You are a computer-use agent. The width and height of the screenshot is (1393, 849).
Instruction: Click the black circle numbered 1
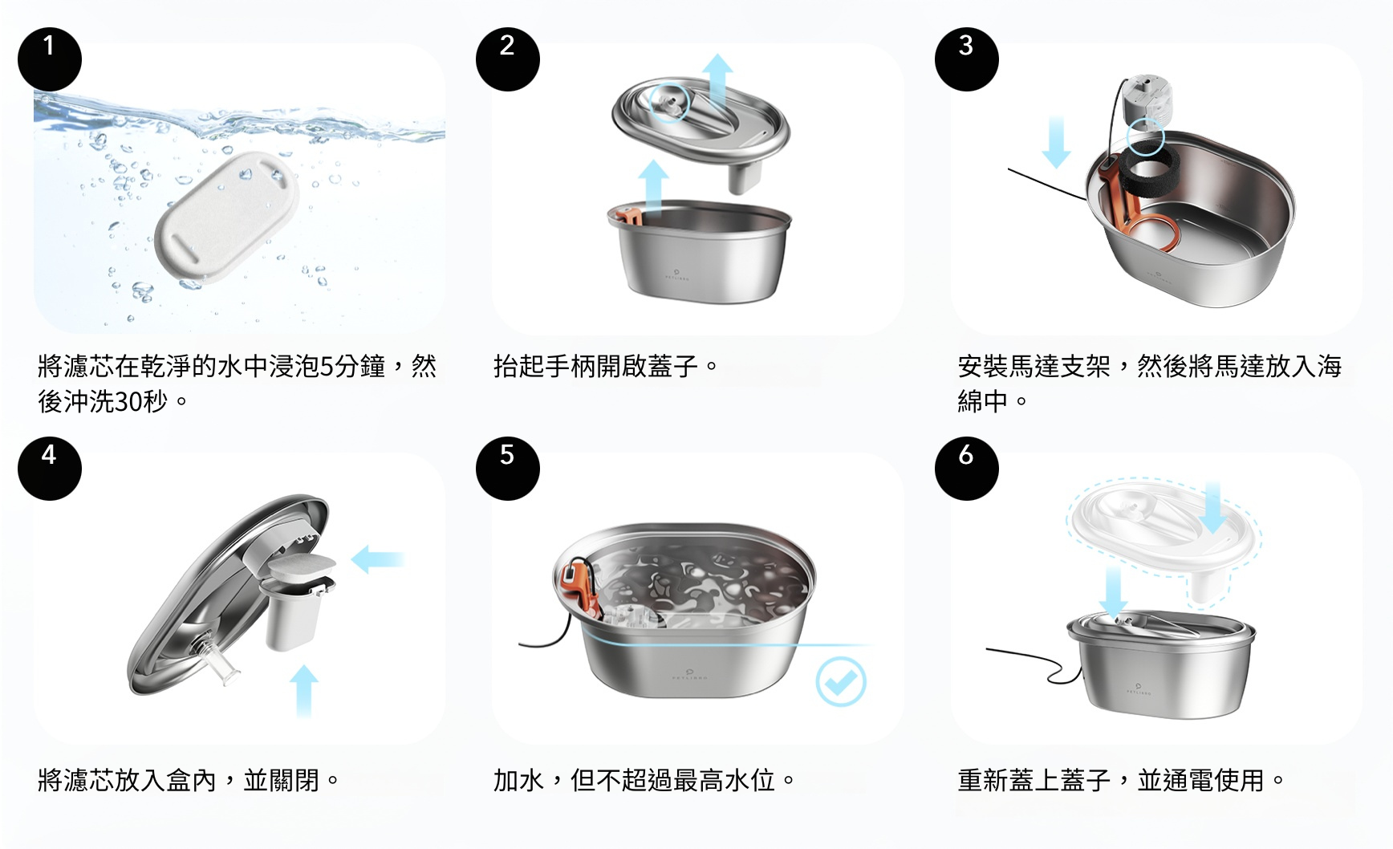tap(50, 59)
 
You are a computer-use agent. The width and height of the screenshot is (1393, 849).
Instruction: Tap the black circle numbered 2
tap(508, 59)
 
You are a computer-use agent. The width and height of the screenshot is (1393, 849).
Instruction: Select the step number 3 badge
tap(967, 59)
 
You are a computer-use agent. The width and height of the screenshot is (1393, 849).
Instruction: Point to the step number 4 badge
tap(50, 469)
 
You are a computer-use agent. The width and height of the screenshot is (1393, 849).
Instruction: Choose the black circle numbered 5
tap(508, 469)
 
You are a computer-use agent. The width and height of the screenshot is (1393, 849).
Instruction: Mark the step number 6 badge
tap(967, 469)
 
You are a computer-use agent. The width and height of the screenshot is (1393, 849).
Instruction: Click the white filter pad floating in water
tap(226, 217)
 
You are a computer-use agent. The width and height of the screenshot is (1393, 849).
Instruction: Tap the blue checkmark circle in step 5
tap(841, 681)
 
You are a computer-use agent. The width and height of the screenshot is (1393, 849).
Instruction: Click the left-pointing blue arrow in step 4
tap(377, 559)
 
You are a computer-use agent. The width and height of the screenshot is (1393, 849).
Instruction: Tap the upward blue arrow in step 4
tap(303, 691)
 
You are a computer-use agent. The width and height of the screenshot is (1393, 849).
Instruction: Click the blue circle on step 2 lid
tap(668, 102)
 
